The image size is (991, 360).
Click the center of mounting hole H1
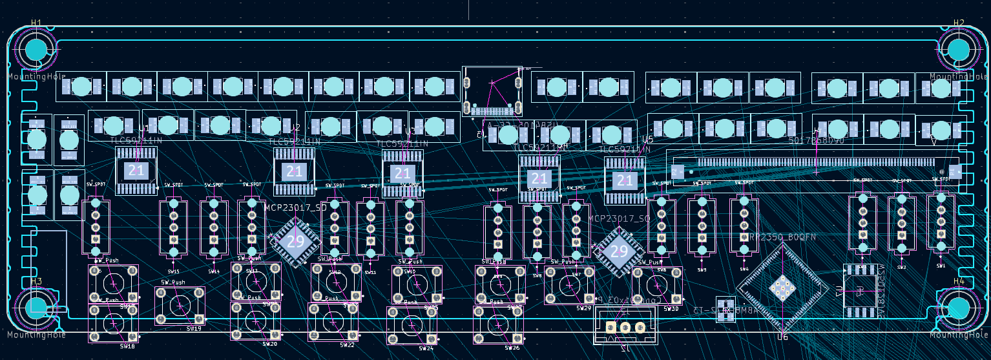(37, 49)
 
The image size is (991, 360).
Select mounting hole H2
(958, 49)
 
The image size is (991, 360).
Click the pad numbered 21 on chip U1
(136, 171)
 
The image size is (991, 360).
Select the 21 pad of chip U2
(295, 172)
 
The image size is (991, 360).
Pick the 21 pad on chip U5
(624, 180)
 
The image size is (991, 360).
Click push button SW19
(180, 306)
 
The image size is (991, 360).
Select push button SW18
(114, 323)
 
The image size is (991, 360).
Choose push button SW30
(656, 286)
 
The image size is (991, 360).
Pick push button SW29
(569, 285)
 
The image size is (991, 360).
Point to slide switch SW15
(173, 228)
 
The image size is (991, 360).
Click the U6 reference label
(783, 337)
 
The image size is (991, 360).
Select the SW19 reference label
(194, 329)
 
